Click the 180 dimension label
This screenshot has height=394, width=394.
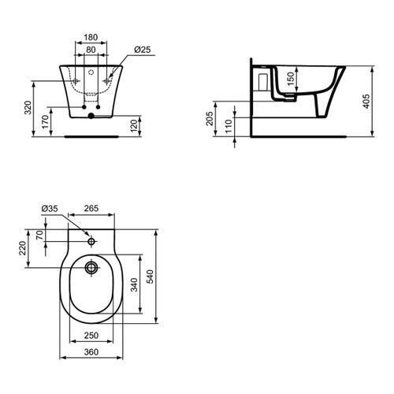pyautogui.click(x=91, y=37)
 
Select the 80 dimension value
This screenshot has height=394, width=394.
pyautogui.click(x=91, y=50)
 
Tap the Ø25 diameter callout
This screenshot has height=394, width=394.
pyautogui.click(x=143, y=50)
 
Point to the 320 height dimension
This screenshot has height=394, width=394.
pyautogui.click(x=28, y=107)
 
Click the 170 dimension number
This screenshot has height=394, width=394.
pyautogui.click(x=45, y=122)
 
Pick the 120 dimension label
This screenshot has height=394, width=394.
pyautogui.click(x=134, y=126)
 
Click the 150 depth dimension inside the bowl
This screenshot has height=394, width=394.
pyautogui.click(x=291, y=79)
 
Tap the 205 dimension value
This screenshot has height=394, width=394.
pyautogui.click(x=210, y=118)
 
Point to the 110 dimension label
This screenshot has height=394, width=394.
pyautogui.click(x=229, y=126)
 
